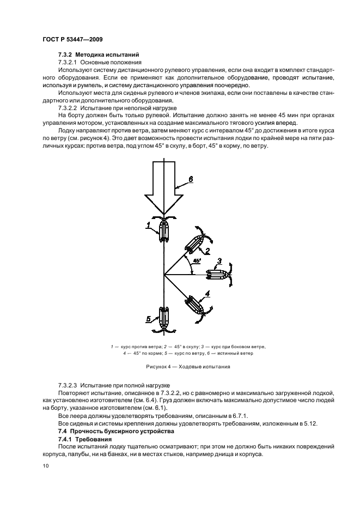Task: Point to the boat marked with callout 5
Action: click(164, 318)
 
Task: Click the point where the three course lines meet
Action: click(164, 275)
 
